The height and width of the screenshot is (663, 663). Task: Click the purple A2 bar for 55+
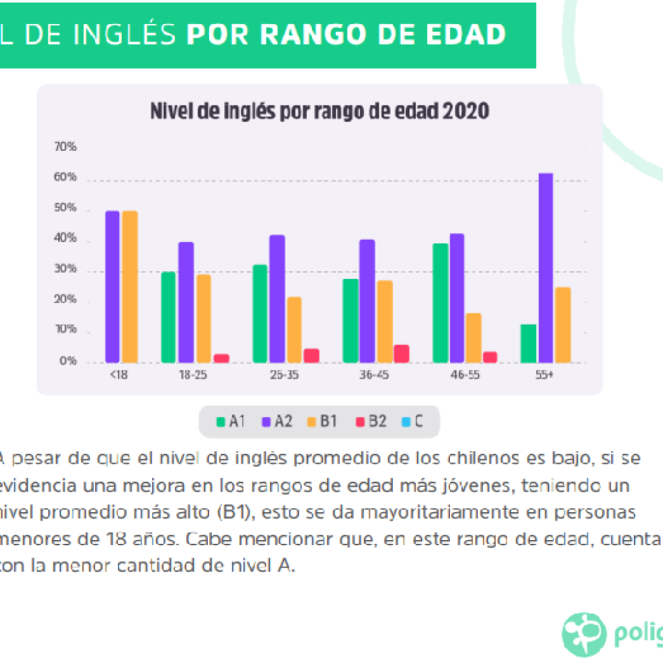(545, 267)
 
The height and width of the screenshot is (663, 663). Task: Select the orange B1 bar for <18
(129, 287)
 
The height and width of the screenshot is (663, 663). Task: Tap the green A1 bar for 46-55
(440, 303)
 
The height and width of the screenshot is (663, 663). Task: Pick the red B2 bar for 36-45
(401, 354)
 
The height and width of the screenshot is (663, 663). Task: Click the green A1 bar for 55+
(528, 343)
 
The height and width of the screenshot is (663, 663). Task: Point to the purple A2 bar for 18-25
(186, 302)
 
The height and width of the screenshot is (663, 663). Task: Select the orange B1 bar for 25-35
(295, 330)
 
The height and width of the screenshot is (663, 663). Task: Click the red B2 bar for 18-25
(221, 359)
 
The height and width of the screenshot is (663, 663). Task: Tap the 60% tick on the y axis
(65, 177)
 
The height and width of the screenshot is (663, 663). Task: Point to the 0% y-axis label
(67, 361)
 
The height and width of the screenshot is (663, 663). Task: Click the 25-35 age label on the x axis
(284, 375)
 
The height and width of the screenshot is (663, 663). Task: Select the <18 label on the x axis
(119, 375)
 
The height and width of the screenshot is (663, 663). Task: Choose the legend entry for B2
(371, 421)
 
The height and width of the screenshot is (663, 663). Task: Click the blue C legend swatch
(406, 421)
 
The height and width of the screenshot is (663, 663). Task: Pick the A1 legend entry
(230, 421)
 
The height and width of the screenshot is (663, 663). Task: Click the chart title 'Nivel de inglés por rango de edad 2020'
(320, 111)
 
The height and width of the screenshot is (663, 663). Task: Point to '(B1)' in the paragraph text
(236, 513)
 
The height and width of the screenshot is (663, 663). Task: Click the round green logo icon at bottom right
(584, 635)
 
